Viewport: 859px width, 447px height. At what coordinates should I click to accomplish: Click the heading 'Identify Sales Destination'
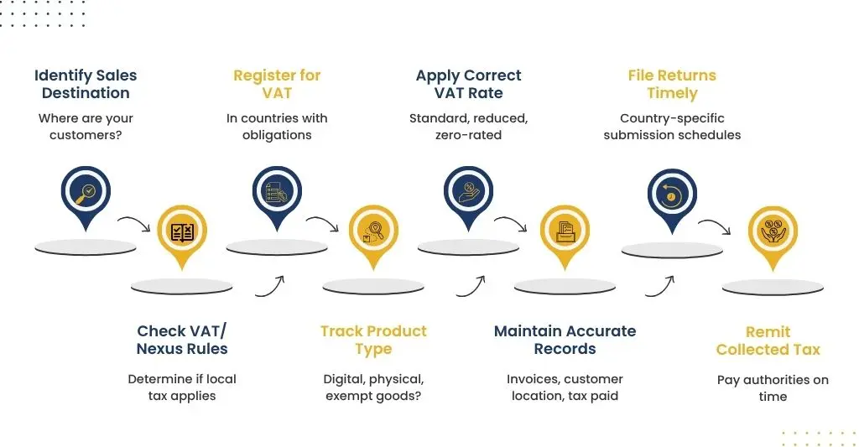[x=86, y=84]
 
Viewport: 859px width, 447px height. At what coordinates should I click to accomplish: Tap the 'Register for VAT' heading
[x=277, y=84]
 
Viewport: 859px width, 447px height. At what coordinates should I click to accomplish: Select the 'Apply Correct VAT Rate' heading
[x=468, y=84]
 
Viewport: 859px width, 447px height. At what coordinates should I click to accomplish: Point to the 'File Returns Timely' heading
[x=672, y=84]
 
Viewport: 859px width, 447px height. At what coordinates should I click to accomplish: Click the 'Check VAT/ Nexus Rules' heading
[x=182, y=340]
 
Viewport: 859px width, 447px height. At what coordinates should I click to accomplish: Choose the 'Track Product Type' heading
[x=373, y=340]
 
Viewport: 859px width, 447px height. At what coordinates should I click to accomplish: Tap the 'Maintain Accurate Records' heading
[x=565, y=340]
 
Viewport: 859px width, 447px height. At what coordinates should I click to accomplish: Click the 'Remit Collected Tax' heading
[x=768, y=340]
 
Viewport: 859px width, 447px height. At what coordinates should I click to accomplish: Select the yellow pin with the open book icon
[x=182, y=236]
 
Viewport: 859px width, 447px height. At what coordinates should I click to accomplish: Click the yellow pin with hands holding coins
[x=773, y=236]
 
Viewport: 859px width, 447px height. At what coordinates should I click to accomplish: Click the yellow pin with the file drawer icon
[x=565, y=236]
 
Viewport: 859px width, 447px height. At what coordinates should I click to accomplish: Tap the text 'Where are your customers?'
[x=86, y=127]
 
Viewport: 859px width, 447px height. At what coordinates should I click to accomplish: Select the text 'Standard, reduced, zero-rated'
[x=468, y=127]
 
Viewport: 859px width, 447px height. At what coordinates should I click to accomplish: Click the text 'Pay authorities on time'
[x=773, y=387]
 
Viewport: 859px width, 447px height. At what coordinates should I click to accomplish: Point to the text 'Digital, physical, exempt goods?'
[x=373, y=387]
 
